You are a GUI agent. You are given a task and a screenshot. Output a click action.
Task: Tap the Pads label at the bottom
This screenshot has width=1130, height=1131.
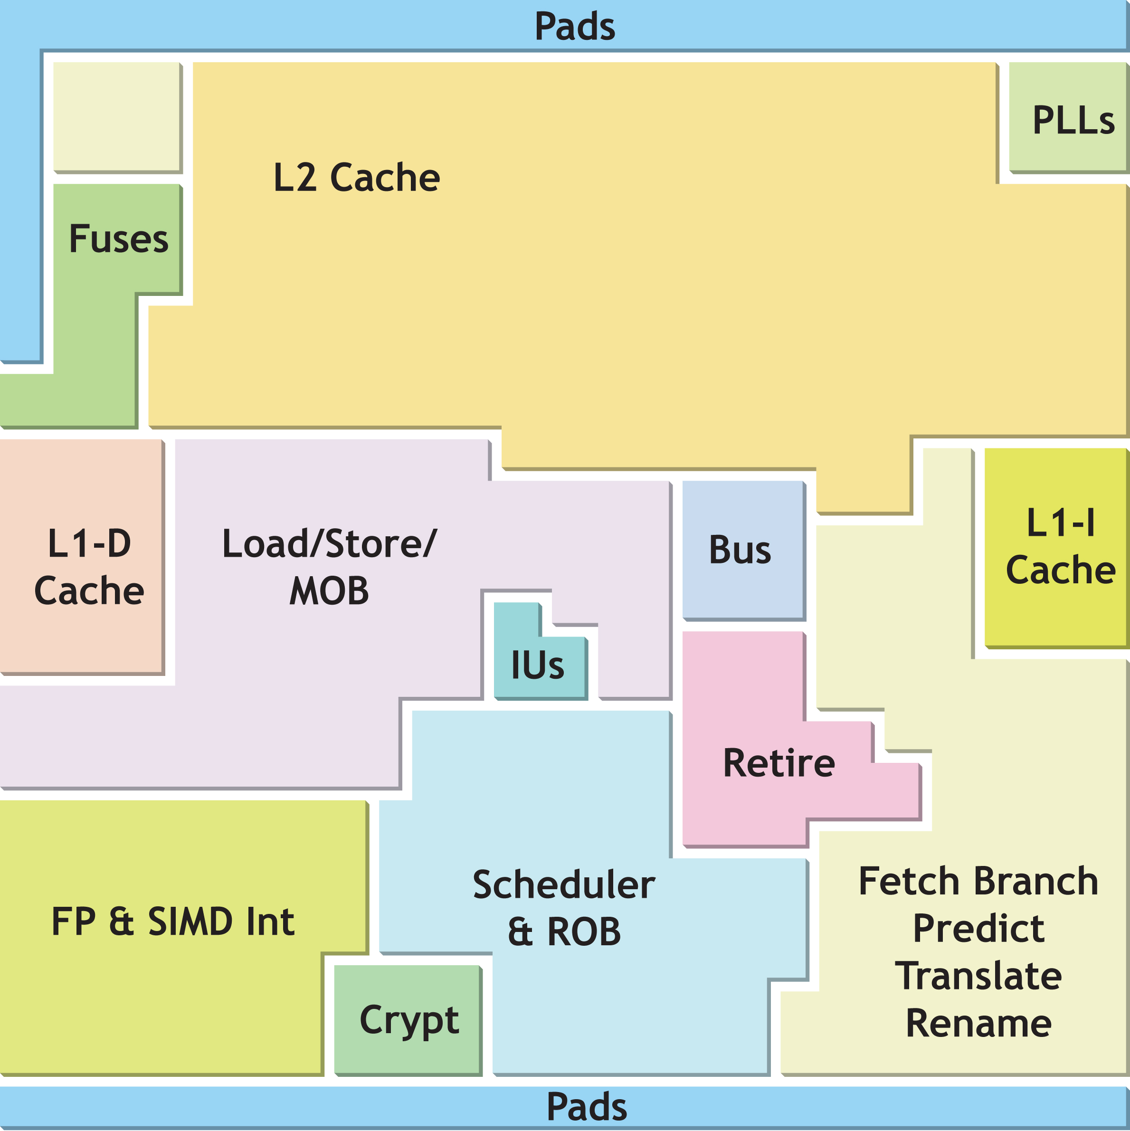[x=586, y=1106]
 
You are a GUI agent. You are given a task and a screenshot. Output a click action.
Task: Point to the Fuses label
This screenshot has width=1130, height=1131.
[x=119, y=239]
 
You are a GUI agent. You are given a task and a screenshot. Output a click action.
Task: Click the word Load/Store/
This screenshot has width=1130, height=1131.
[x=329, y=543]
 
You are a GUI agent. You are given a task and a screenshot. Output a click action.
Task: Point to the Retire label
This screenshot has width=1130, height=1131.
[x=779, y=762]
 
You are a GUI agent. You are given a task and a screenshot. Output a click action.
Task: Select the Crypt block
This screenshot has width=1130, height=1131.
[x=408, y=1021]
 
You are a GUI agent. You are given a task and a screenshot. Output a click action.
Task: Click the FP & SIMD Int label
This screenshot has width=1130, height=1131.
[x=173, y=922]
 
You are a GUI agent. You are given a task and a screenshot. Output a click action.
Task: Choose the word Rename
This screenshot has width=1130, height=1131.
[x=978, y=1023]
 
